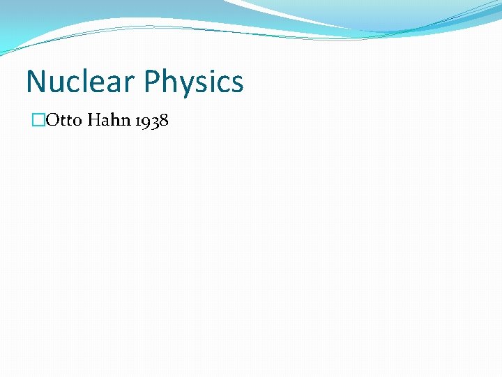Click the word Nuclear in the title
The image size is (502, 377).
pyautogui.click(x=79, y=82)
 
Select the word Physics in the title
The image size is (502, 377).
pyautogui.click(x=194, y=82)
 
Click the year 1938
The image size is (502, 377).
pyautogui.click(x=153, y=121)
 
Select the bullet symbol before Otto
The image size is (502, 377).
pyautogui.click(x=38, y=121)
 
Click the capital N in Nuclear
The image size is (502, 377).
pyautogui.click(x=35, y=82)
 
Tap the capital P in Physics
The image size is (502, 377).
pyautogui.click(x=151, y=82)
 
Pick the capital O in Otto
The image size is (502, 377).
pyautogui.click(x=51, y=121)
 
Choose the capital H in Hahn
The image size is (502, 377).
pyautogui.click(x=96, y=121)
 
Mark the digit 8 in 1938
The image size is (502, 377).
pyautogui.click(x=163, y=121)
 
